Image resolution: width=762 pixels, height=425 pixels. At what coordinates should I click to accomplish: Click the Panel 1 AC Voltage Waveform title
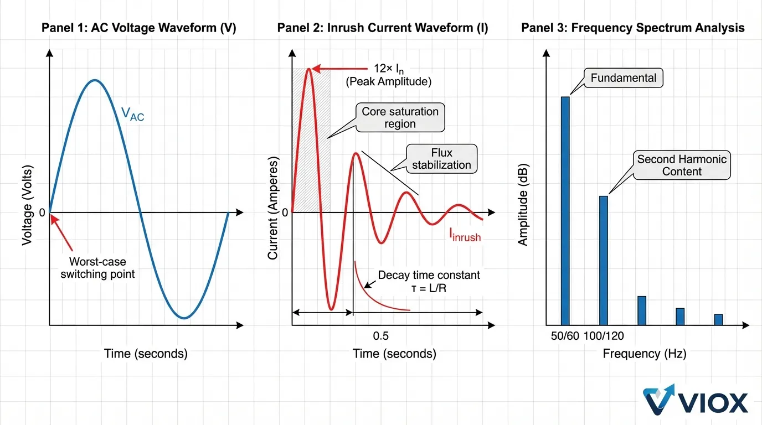(x=139, y=28)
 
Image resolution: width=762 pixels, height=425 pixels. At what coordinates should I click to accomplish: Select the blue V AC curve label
(x=132, y=114)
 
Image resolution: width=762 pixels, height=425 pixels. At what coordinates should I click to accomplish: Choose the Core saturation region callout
(x=400, y=117)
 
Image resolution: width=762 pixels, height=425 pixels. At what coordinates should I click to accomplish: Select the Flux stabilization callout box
(x=441, y=158)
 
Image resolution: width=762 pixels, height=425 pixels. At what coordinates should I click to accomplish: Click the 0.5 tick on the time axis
(x=380, y=336)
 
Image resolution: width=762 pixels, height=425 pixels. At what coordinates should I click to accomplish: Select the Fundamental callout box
(x=623, y=78)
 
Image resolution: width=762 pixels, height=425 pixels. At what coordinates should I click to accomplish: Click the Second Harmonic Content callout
(x=682, y=165)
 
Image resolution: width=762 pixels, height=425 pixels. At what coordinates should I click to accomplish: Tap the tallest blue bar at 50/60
(x=565, y=210)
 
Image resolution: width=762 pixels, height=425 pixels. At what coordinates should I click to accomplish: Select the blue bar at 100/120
(x=604, y=260)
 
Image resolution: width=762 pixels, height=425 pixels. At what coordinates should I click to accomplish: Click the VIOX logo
(x=695, y=400)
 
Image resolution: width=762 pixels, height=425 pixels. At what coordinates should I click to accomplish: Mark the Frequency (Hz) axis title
(x=644, y=354)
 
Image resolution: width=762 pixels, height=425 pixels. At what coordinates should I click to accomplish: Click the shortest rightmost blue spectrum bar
(x=718, y=319)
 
